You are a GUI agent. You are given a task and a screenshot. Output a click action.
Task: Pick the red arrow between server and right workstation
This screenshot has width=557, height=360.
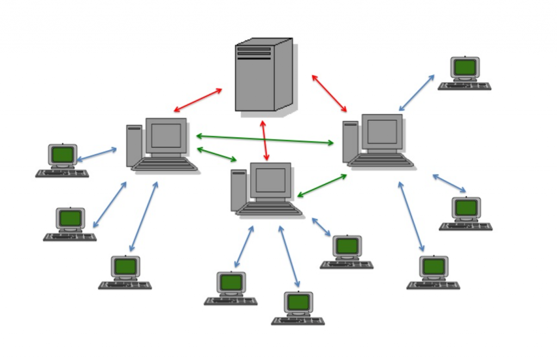click(x=329, y=94)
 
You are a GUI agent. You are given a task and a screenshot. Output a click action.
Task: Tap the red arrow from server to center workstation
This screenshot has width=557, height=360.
click(x=265, y=140)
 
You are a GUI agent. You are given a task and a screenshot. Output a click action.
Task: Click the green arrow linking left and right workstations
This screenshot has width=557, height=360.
click(x=265, y=139)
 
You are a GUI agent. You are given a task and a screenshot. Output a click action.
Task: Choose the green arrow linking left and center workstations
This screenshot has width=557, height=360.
click(x=216, y=154)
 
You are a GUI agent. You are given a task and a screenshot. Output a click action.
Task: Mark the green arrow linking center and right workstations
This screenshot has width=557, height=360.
click(x=322, y=185)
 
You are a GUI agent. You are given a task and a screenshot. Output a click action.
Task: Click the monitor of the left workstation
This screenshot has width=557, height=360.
click(x=166, y=135)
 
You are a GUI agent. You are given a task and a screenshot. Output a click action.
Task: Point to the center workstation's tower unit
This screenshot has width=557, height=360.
click(x=238, y=190)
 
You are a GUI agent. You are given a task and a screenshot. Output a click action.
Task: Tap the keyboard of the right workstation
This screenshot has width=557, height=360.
click(x=381, y=160)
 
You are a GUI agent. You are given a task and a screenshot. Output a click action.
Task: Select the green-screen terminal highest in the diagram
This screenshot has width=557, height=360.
click(x=465, y=68)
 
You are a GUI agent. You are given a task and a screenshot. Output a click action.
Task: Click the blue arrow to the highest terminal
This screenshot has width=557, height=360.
click(x=417, y=93)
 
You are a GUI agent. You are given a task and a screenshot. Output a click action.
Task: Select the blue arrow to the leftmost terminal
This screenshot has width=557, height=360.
click(x=97, y=154)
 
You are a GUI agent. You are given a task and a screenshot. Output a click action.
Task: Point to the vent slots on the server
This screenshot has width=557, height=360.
click(x=253, y=52)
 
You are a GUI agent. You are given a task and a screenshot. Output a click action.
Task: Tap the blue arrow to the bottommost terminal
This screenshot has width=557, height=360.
click(x=289, y=256)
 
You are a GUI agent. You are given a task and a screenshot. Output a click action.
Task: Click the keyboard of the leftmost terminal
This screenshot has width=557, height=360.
click(x=62, y=173)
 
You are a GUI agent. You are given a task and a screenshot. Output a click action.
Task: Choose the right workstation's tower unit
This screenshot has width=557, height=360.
click(x=350, y=141)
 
